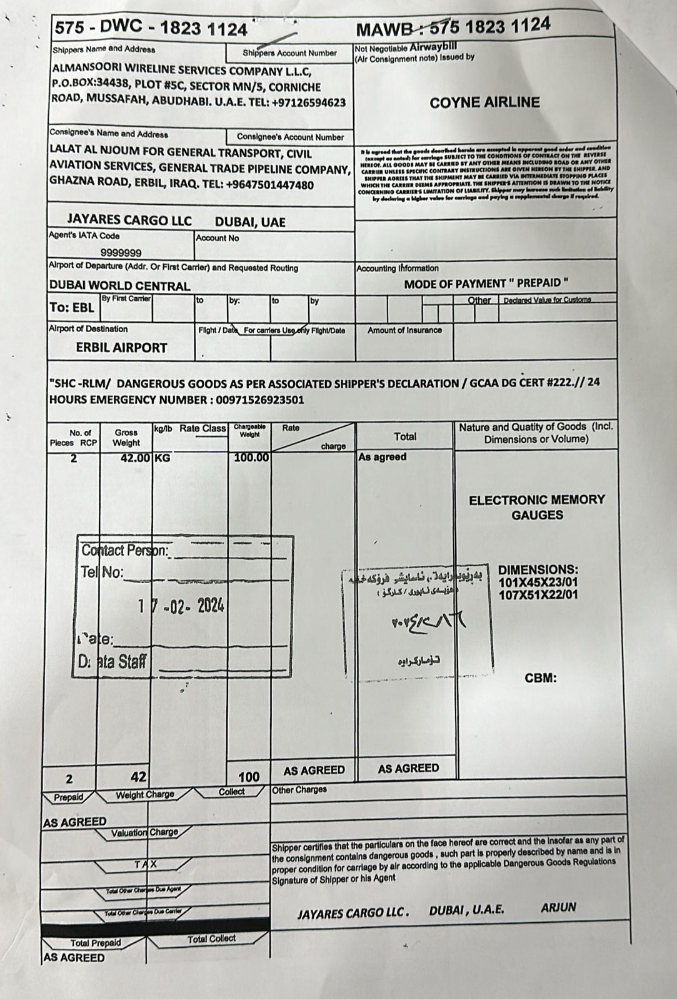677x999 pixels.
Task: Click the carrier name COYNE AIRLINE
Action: [x=484, y=103]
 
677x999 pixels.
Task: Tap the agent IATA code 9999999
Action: [x=121, y=253]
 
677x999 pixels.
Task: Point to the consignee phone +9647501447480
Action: [x=270, y=185]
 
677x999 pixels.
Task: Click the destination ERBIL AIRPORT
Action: [x=121, y=348]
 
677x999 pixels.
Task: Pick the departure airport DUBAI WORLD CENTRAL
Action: [x=119, y=286]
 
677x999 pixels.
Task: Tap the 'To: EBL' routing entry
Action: [x=72, y=308]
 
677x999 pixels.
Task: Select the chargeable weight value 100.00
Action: [x=251, y=458]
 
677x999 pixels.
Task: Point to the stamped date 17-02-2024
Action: [x=182, y=606]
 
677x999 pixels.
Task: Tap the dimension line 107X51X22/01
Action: [x=538, y=594]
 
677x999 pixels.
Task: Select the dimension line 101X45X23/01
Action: [x=538, y=583]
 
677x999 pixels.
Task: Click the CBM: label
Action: [x=541, y=678]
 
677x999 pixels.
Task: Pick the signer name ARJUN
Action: [x=558, y=908]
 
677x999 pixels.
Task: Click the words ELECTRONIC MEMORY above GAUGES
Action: [x=537, y=500]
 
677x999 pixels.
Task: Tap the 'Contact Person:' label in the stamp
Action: [x=125, y=551]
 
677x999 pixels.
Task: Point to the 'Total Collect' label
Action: [x=211, y=939]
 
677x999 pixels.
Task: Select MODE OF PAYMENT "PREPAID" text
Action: [x=486, y=284]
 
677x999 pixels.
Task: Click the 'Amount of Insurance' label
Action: [x=404, y=330]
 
